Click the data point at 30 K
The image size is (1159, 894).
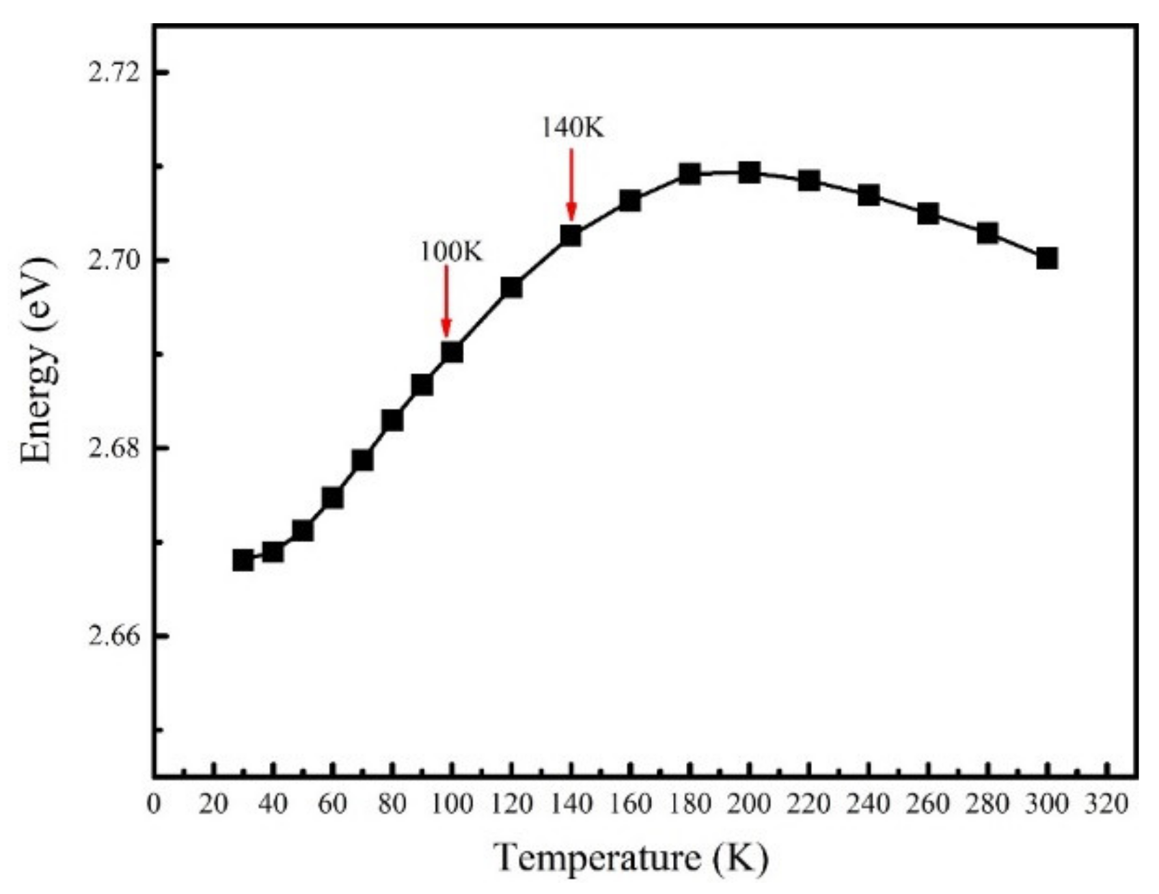coord(243,560)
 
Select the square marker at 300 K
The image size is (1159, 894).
coord(1046,258)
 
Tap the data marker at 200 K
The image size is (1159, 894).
coord(749,172)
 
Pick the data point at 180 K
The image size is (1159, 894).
coord(690,174)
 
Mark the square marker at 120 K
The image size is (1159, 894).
coord(511,287)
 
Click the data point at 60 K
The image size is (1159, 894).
coord(332,498)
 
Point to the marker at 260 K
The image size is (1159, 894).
coord(927,213)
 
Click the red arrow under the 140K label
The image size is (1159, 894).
coord(571,185)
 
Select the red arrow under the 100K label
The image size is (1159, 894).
coord(446,301)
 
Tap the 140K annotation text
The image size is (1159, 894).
coord(573,128)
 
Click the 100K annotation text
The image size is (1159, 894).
coord(450,252)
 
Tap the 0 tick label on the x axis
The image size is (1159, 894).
coord(154,804)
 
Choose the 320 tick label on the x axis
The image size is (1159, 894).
coord(1106,804)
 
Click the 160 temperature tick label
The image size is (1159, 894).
coord(629,804)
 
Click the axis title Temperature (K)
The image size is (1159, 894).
coord(631,858)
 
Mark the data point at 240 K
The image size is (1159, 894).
coord(868,195)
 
